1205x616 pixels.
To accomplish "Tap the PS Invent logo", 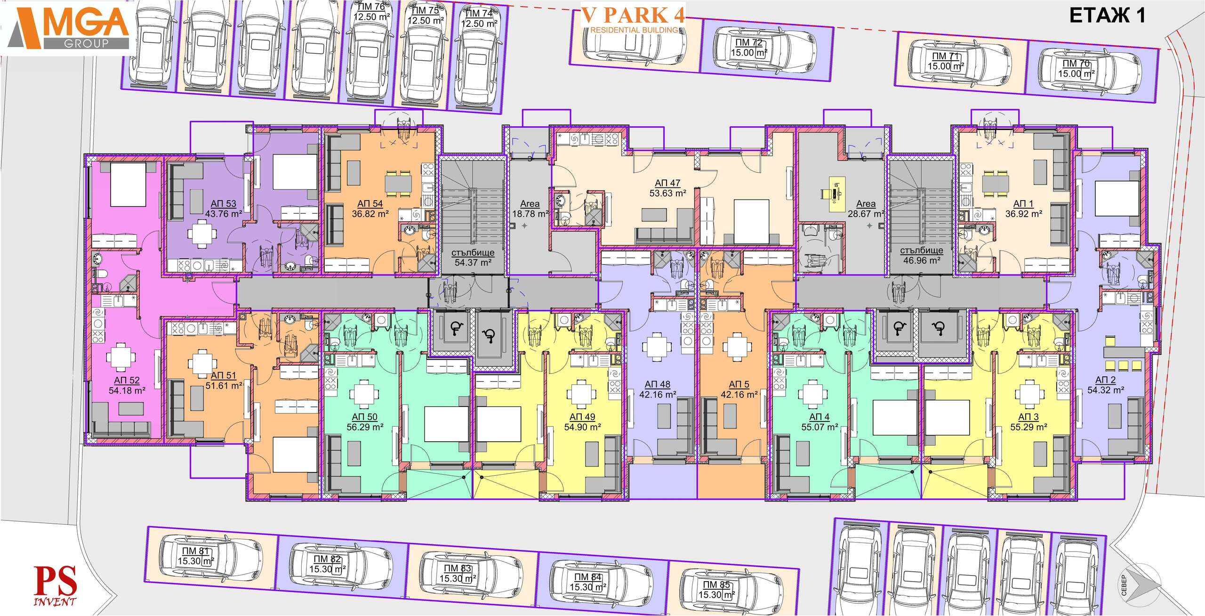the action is (x=55, y=586).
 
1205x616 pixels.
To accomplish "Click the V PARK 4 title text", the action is (x=633, y=16).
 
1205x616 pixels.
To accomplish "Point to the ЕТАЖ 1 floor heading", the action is (x=1107, y=16).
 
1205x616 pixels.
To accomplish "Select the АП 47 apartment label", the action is (x=667, y=183).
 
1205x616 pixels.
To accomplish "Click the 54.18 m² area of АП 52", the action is (x=127, y=390).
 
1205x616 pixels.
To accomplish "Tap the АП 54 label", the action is (x=370, y=203).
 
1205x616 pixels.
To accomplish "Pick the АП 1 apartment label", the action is (x=1023, y=203).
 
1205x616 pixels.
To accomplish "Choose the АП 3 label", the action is (x=1028, y=417).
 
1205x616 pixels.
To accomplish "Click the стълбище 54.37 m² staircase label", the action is (x=473, y=258).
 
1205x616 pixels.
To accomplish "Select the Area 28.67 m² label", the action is (x=866, y=209).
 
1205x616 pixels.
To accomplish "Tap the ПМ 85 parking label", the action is (x=716, y=584).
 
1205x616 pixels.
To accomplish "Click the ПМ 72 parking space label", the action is (x=749, y=42).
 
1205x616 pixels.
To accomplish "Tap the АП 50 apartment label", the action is (x=365, y=417).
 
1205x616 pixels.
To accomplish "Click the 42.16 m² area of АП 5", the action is (x=739, y=395).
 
